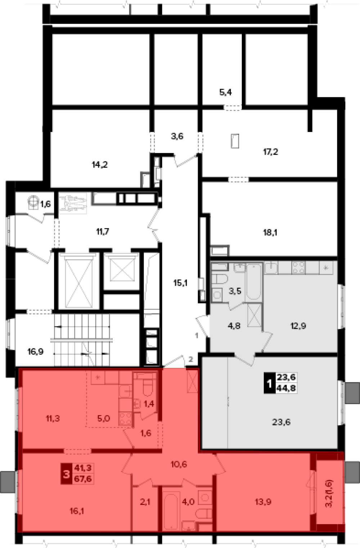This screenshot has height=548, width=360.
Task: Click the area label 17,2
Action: click(x=270, y=152)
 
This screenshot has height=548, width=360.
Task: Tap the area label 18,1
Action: click(x=270, y=232)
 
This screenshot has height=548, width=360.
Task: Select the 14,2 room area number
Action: click(x=100, y=165)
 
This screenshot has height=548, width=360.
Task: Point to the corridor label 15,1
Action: click(x=180, y=283)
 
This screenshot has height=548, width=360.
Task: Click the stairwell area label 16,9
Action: click(x=36, y=352)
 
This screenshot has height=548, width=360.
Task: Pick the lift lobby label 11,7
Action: click(x=103, y=231)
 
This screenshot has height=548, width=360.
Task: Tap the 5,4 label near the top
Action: click(x=225, y=92)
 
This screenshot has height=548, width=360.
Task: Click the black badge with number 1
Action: click(x=269, y=383)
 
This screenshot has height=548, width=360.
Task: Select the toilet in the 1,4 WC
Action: click(x=148, y=388)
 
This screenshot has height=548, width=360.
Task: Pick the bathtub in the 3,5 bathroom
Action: click(x=254, y=281)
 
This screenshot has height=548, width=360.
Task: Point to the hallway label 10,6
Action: click(x=179, y=464)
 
